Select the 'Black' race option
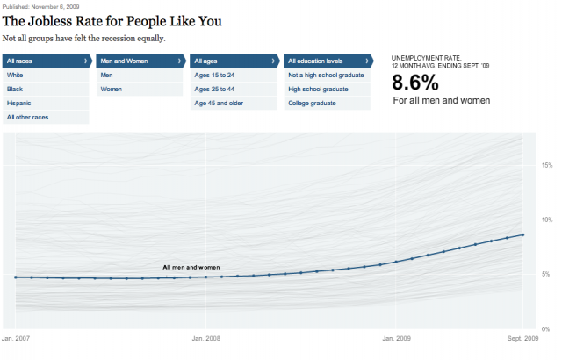click(15, 90)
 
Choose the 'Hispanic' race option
click(18, 103)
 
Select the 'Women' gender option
click(112, 90)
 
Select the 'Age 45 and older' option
click(219, 103)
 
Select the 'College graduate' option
click(313, 103)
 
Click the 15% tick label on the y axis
click(546, 165)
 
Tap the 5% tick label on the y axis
click(546, 274)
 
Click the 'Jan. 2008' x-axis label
click(205, 337)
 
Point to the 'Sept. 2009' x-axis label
click(522, 337)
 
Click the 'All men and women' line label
click(191, 267)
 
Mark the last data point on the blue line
click(523, 234)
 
